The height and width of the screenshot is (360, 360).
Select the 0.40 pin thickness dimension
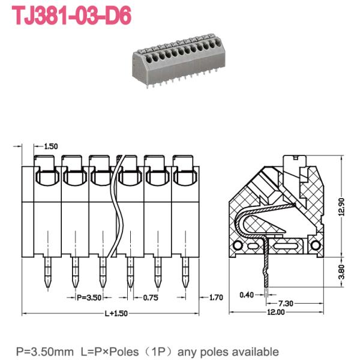coord(247,295)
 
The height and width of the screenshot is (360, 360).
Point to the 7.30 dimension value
coord(286,304)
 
